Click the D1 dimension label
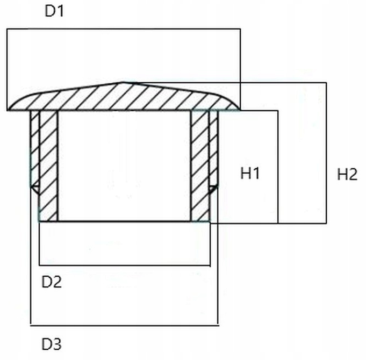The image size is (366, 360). pos(54,12)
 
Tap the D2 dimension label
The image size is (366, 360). pos(51,282)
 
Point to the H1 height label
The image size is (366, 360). pos(250,174)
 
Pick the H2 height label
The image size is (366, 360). pos(347,174)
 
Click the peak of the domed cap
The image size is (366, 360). pos(123,83)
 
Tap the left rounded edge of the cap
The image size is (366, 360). pos(13,104)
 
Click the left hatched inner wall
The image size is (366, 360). pos(48,167)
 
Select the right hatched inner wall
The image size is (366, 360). pos(199,167)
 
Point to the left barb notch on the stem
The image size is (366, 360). pos(34,189)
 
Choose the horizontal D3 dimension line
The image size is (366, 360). pos(124,325)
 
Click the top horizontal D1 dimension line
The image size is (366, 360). pos(124,28)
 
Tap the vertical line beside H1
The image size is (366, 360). pos(277,167)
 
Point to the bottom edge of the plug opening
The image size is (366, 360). pos(124,221)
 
